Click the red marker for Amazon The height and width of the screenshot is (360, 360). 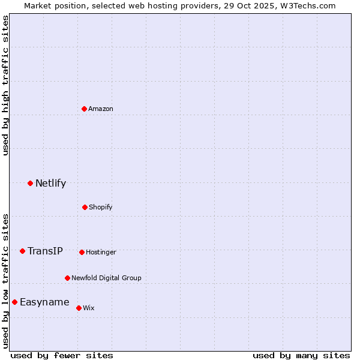coord(85,109)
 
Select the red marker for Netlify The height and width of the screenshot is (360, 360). coord(31,183)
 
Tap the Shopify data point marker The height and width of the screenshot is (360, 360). coord(85,207)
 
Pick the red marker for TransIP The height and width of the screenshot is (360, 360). coord(23,251)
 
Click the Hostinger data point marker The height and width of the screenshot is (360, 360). coord(82,252)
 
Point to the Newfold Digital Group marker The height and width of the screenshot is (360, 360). coord(67,278)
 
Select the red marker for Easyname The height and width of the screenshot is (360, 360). coord(15,302)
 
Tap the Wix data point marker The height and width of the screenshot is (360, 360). coord(79,308)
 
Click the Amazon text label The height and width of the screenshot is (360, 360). coord(101,109)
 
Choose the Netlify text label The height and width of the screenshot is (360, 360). coord(50,183)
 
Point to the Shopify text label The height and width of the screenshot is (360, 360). coord(101,207)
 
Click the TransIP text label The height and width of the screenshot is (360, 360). coord(45,251)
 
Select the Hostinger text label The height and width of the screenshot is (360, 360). coord(101,252)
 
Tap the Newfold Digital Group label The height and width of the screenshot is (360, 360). coord(106,278)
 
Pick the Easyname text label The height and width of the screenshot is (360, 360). coord(44,302)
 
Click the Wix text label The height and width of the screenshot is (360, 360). coord(89,308)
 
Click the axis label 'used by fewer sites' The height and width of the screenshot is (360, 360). coord(62,355)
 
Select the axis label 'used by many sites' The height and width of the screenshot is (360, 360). coord(301,355)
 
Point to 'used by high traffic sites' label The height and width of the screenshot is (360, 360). coord(5,85)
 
